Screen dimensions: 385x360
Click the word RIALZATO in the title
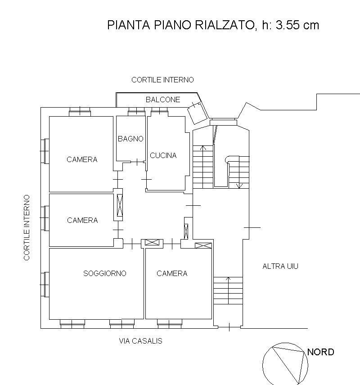coord(225,25)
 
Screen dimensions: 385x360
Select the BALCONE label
coord(163,100)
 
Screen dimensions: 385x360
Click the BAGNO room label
coord(130,139)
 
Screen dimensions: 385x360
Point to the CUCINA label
coord(163,156)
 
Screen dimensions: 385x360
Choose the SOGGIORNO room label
coord(104,273)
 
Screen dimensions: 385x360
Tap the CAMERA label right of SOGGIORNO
coord(171,273)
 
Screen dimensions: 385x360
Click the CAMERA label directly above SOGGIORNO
coord(82,220)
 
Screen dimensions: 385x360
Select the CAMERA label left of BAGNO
coord(82,159)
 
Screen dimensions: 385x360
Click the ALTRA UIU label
coord(280,266)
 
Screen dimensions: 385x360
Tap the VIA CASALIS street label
coord(140,341)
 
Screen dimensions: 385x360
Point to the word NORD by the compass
coord(321,352)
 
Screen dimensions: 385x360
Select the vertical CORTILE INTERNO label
coord(27,227)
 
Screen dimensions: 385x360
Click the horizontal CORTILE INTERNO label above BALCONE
coord(162,80)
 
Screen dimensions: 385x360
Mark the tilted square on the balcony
coord(197,113)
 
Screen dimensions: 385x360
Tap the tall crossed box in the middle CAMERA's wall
coord(119,206)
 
